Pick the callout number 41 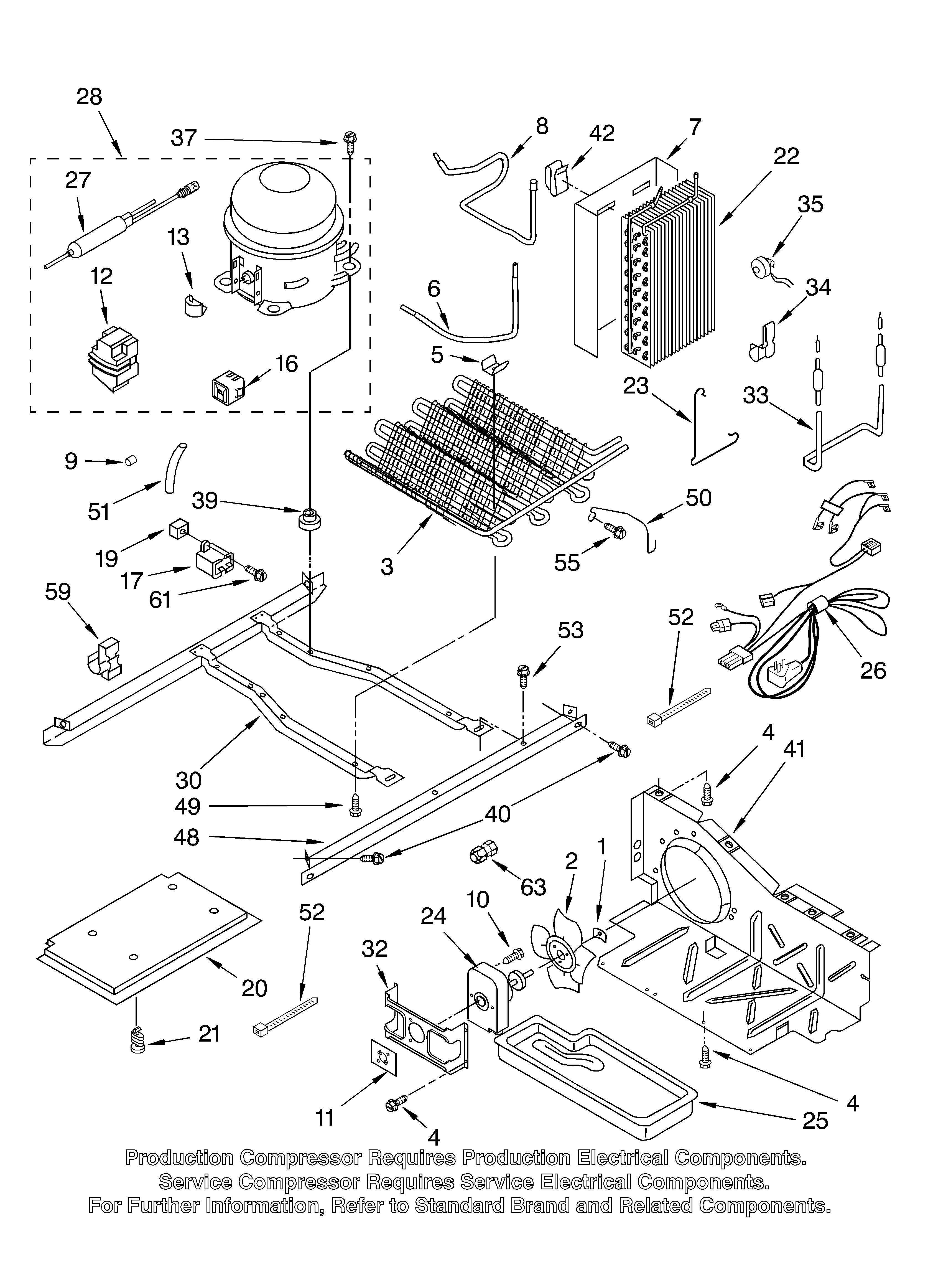(794, 749)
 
